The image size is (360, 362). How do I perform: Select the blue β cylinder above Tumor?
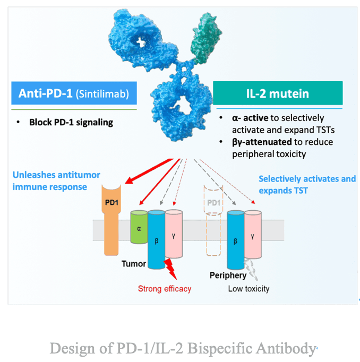point(156,238)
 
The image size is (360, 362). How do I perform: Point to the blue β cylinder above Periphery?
point(234,238)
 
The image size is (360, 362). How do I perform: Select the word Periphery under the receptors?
point(227,275)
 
